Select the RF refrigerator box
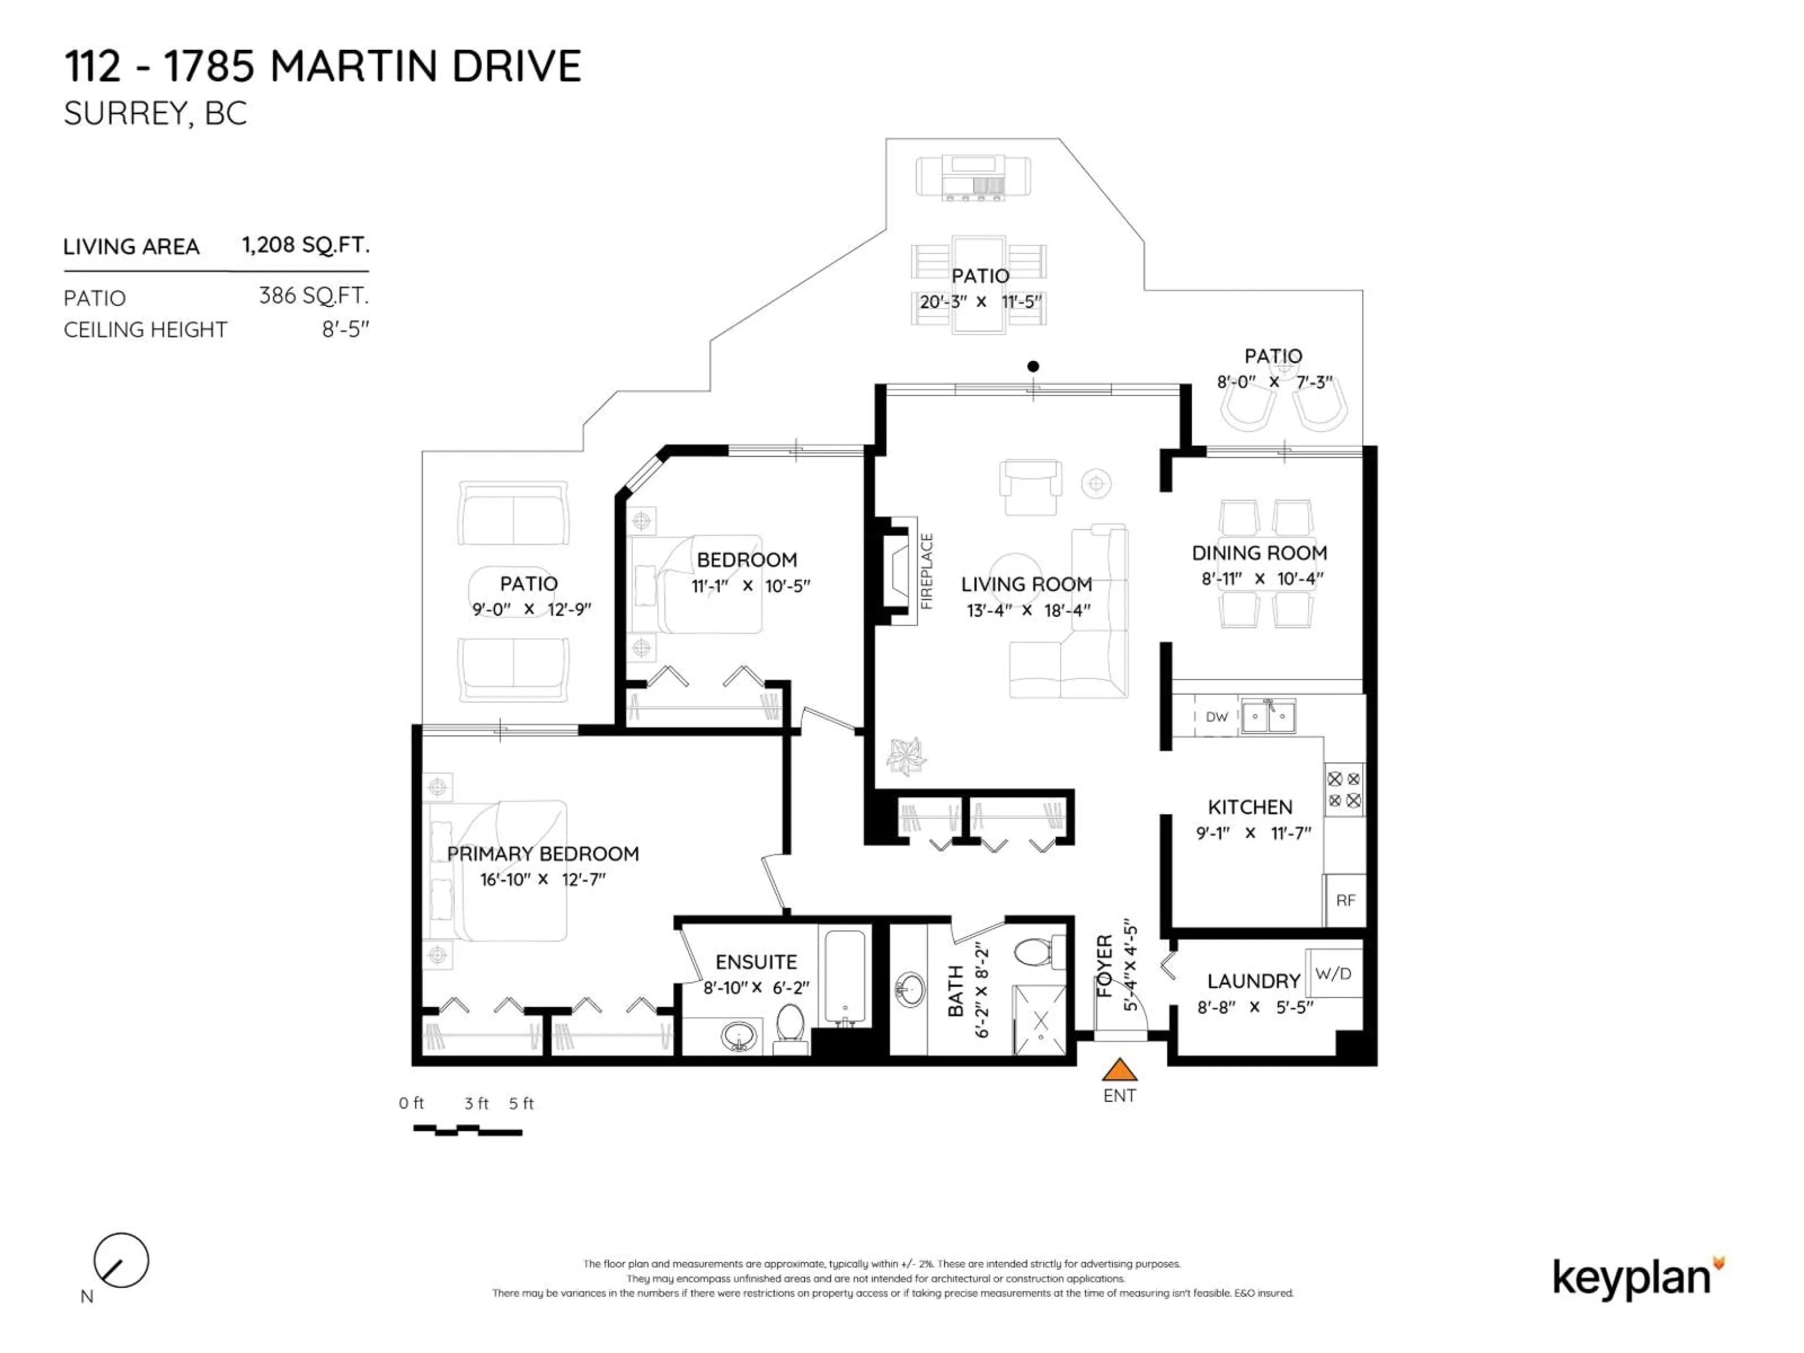pos(1345,901)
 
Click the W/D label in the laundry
pos(1333,974)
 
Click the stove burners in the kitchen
pos(1343,790)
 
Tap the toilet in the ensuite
pos(789,1027)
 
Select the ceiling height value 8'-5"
pos(346,329)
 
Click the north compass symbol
pos(121,1260)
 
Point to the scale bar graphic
pos(467,1130)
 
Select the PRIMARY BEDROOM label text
pos(542,854)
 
